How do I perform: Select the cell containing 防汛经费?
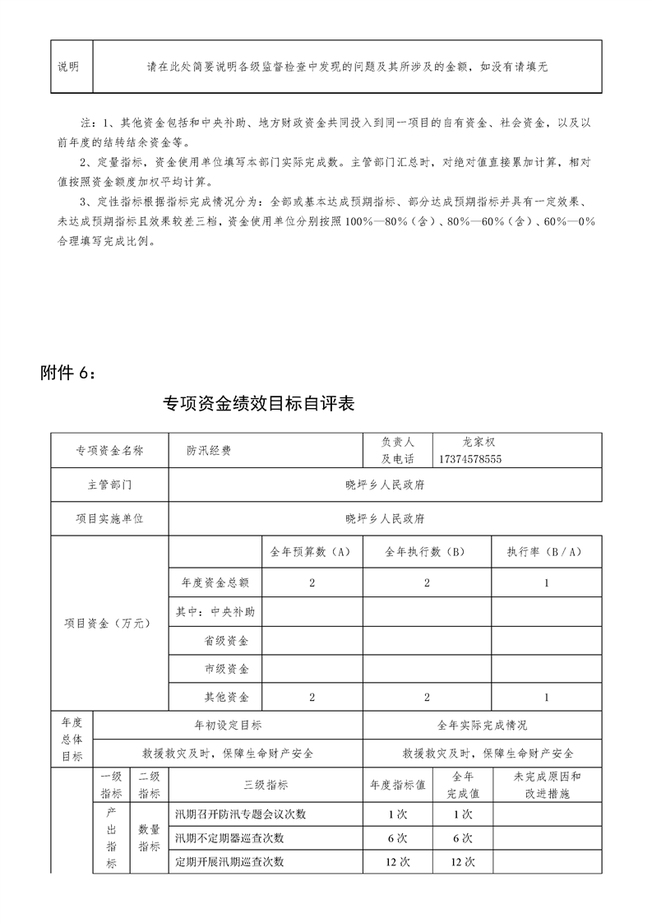209,451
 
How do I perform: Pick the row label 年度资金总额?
215,583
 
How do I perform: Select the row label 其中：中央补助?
215,612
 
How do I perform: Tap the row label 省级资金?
226,641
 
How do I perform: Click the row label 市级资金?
226,670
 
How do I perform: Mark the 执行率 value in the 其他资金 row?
547,698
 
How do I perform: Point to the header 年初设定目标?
228,726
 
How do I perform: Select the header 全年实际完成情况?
483,726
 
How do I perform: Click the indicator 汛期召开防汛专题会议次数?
241,814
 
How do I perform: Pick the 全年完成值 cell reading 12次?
464,862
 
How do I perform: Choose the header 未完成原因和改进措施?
547,785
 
